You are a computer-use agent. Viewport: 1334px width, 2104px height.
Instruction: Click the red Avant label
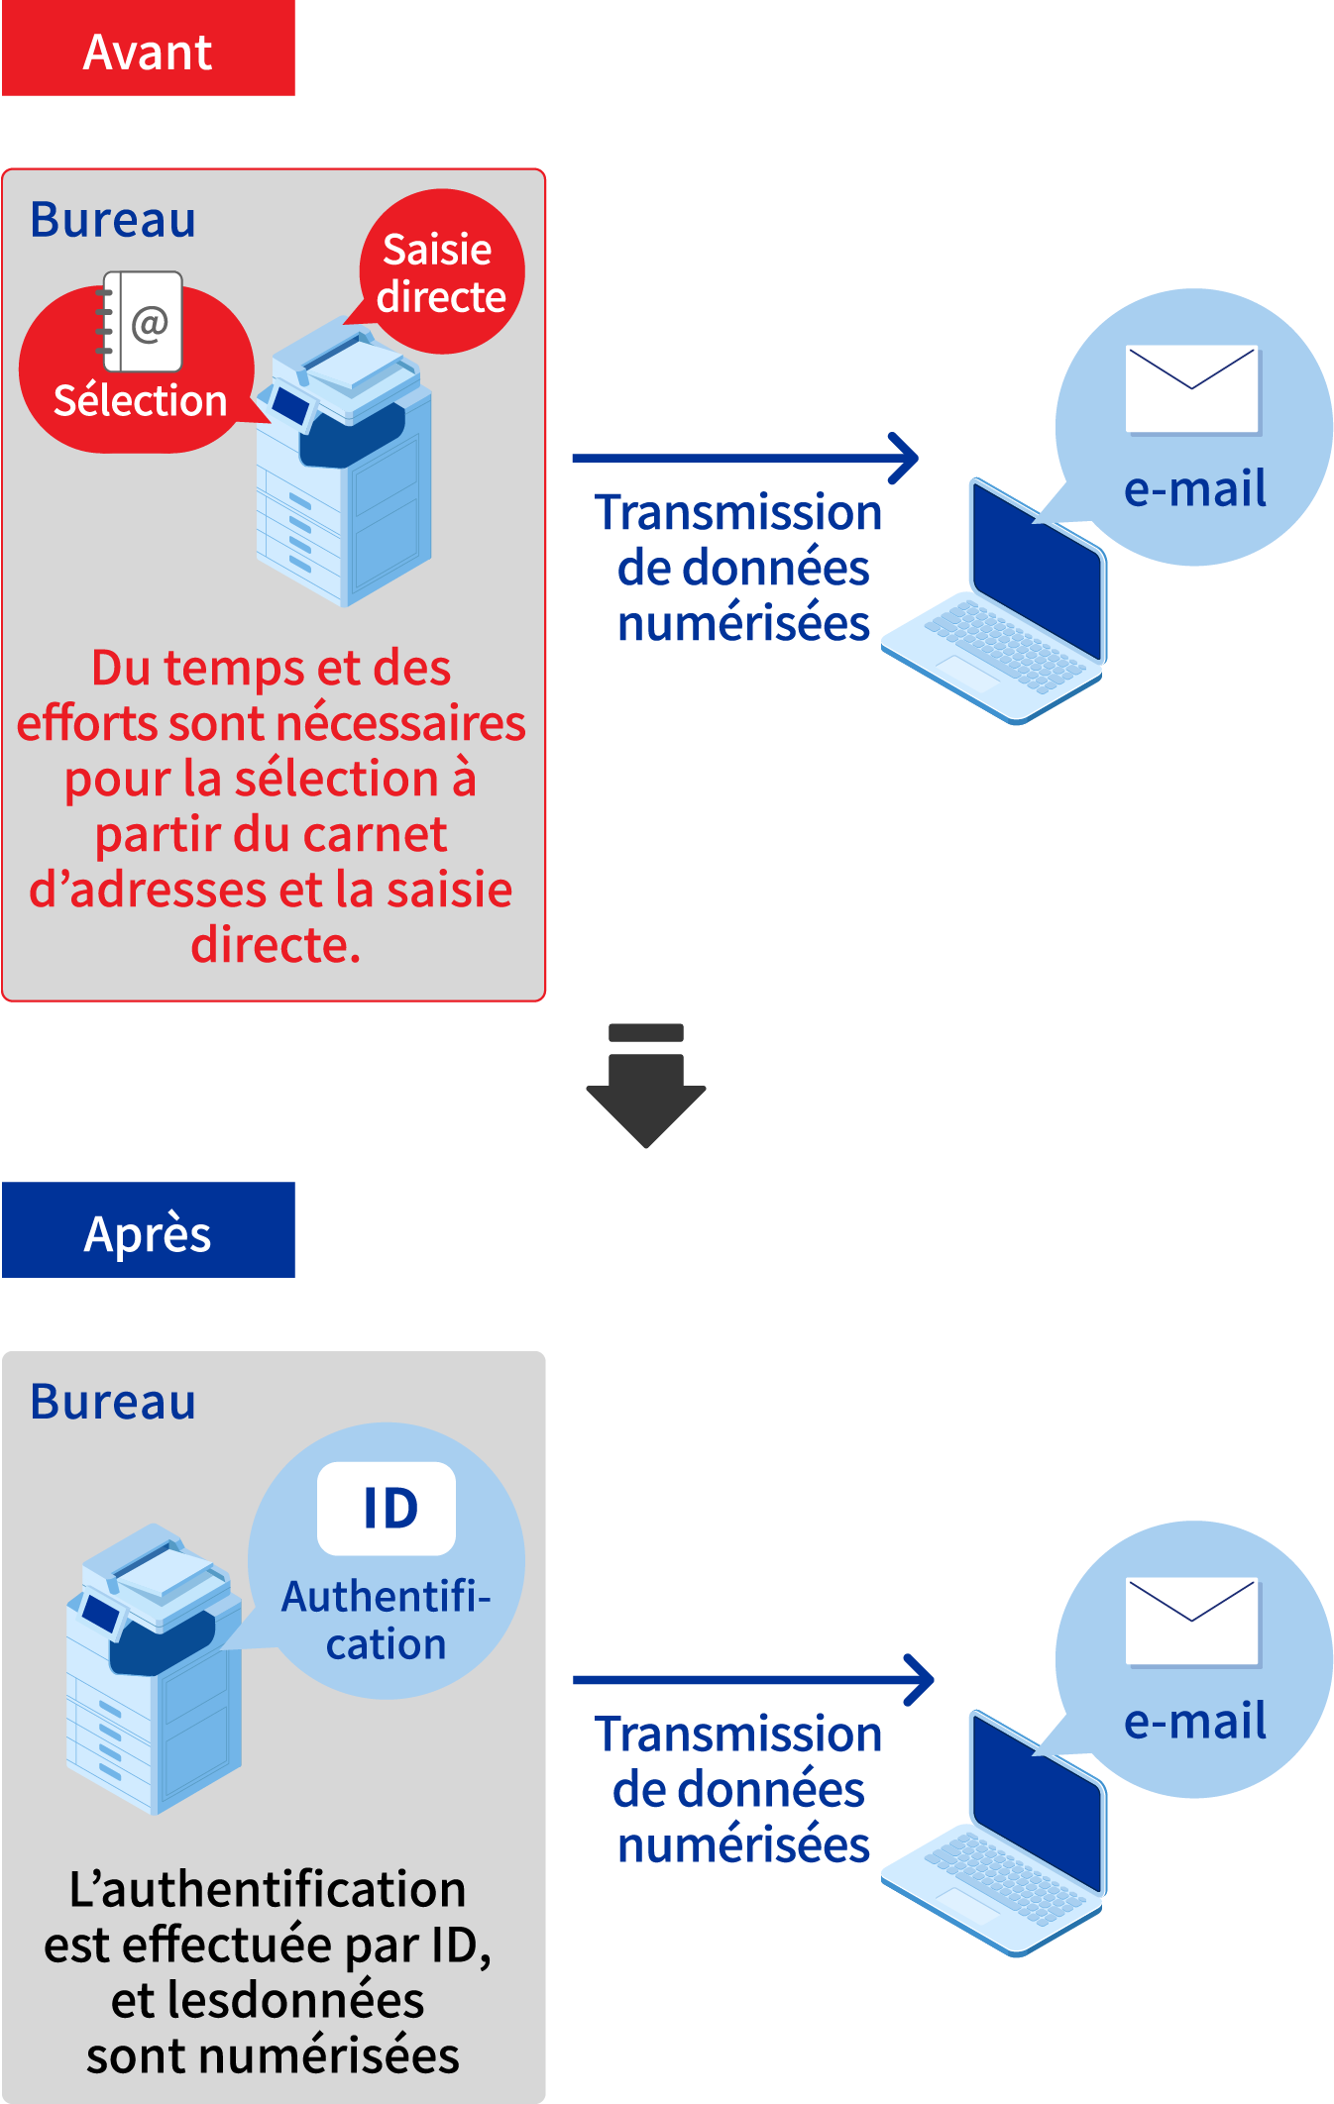(x=148, y=50)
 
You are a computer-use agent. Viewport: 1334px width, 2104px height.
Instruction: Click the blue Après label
(x=148, y=1230)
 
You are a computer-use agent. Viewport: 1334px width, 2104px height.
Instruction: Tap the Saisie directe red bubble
(x=441, y=272)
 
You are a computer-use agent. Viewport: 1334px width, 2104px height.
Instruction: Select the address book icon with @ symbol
(x=145, y=321)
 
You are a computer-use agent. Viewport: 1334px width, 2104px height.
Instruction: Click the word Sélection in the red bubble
(x=140, y=401)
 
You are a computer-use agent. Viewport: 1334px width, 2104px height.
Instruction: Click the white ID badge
(x=387, y=1509)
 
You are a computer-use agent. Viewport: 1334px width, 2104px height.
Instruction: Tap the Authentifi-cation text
(x=386, y=1620)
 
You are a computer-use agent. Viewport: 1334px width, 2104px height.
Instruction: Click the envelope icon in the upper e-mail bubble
(x=1192, y=389)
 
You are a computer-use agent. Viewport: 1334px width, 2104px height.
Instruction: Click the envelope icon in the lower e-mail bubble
(x=1192, y=1622)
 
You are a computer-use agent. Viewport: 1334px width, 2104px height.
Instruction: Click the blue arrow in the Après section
(x=753, y=1680)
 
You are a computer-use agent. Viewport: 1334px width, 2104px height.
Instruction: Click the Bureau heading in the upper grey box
(x=113, y=220)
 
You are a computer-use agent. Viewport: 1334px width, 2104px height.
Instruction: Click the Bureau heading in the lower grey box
(x=113, y=1402)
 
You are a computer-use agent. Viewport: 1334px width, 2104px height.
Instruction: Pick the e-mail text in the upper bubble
(x=1194, y=488)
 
